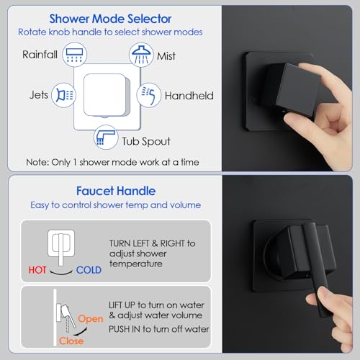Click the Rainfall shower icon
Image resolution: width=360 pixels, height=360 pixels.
[x=74, y=55]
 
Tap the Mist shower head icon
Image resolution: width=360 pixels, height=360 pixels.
[x=141, y=55]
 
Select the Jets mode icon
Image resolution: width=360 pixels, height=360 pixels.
[x=63, y=95]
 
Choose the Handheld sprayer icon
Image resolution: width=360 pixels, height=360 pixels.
[x=149, y=95]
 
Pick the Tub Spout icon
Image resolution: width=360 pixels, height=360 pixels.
[x=106, y=138]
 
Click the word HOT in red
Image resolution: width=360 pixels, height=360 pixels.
[x=37, y=270]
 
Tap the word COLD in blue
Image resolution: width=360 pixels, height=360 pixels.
[x=89, y=270]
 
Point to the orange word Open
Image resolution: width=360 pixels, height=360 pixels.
[x=91, y=319]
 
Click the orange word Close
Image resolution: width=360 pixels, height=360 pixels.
[x=71, y=341]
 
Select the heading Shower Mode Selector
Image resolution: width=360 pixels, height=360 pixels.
[x=110, y=19]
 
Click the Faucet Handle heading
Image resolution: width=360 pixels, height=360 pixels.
[x=116, y=191]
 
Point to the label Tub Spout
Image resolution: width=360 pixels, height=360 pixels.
[x=146, y=141]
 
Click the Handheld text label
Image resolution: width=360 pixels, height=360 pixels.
[x=189, y=96]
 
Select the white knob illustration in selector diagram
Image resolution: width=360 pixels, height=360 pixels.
[x=106, y=95]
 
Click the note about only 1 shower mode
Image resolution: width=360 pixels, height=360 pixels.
[x=112, y=162]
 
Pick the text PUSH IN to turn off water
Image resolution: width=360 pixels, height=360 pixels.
[x=159, y=329]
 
